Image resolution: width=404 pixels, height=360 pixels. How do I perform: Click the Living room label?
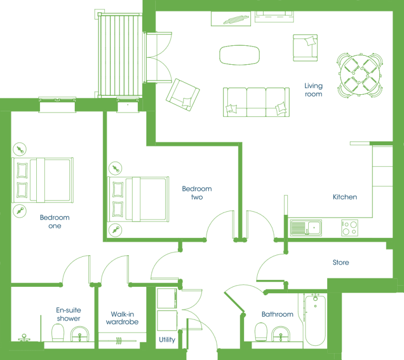coord(314,90)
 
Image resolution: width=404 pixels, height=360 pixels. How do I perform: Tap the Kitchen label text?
coord(345,197)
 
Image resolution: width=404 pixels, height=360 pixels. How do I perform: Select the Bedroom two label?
coord(197,193)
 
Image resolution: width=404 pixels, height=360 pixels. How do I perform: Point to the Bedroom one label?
coord(55,222)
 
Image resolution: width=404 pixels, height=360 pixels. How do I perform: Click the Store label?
coord(341,263)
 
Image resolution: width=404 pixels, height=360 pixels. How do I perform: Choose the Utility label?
coord(167,339)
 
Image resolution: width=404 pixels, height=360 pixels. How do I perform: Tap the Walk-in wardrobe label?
coord(122,318)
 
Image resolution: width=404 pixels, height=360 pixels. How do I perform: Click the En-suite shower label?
coord(68,314)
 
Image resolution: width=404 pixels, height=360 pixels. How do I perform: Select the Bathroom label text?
coord(277,314)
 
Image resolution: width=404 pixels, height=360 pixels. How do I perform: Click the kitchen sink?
coord(306,228)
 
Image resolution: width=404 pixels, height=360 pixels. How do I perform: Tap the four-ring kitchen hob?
coord(350,228)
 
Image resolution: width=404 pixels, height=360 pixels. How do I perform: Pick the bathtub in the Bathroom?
coord(315,320)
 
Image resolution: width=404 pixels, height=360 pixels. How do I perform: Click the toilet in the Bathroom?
coord(261,332)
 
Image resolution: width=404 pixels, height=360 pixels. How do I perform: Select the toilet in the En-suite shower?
coord(58,333)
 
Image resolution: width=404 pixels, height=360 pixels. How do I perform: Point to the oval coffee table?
coord(239,55)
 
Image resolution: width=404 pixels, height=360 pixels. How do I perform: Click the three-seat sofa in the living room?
coord(256,102)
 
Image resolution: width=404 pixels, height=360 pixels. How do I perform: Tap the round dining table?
coord(360,75)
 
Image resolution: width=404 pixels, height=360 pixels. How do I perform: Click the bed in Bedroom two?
coord(138,199)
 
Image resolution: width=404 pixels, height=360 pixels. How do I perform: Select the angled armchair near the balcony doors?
coord(183,95)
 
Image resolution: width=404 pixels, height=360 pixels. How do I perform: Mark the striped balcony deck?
coord(120,55)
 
